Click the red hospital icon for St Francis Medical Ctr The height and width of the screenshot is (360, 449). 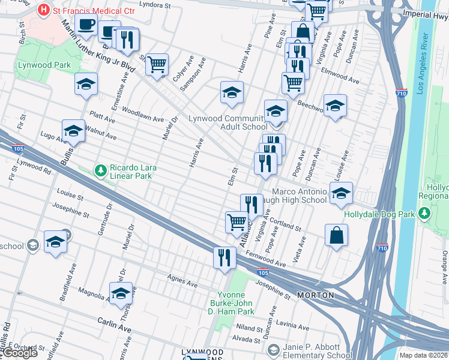point(43,10)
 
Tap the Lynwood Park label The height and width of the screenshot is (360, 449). point(44,65)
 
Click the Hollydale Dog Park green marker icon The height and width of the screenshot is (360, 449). point(426,214)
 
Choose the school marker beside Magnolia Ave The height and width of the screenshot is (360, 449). point(121,293)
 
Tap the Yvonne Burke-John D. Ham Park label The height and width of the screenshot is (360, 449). point(236,303)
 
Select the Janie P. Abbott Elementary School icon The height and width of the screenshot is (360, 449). point(273,349)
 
